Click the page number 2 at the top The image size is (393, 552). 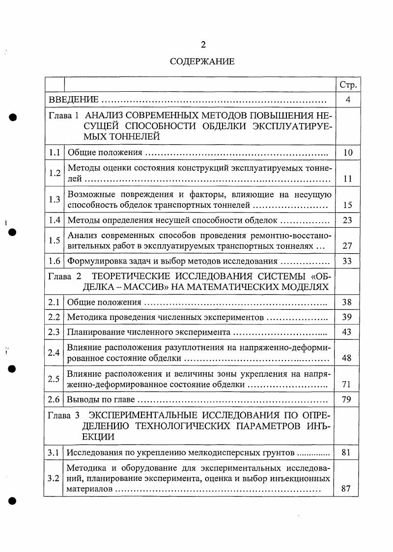point(202,45)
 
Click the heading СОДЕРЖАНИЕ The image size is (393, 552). point(202,62)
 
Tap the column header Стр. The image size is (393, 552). point(348,85)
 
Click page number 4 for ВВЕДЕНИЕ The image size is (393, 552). point(348,100)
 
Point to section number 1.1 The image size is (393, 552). point(54,152)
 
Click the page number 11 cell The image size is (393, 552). point(348,179)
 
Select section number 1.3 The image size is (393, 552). point(54,199)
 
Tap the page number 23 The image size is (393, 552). point(348,220)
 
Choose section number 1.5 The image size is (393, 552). point(54,240)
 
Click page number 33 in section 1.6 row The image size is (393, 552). point(348,261)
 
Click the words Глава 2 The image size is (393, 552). point(65,276)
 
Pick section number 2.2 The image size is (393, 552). point(54,317)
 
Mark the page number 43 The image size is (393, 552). point(348,332)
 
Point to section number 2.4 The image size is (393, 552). point(54,353)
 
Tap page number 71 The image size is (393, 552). point(348,384)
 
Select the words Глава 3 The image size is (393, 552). point(65,415)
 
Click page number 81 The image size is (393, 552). point(348,452)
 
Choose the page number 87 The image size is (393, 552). point(348,489)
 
